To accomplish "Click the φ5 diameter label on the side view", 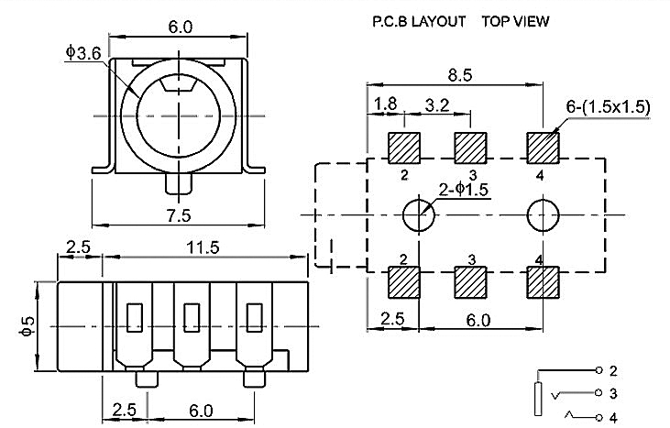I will [27, 325].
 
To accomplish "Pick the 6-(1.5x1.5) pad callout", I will [608, 107].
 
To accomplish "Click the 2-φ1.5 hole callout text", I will [466, 191].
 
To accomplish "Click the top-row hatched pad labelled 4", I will [543, 147].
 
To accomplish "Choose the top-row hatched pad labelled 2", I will [403, 147].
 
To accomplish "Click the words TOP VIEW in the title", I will [515, 20].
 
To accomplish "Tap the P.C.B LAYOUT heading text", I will [418, 20].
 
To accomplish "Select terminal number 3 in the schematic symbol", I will [612, 393].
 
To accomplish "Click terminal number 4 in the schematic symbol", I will [612, 415].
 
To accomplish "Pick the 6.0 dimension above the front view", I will [181, 27].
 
